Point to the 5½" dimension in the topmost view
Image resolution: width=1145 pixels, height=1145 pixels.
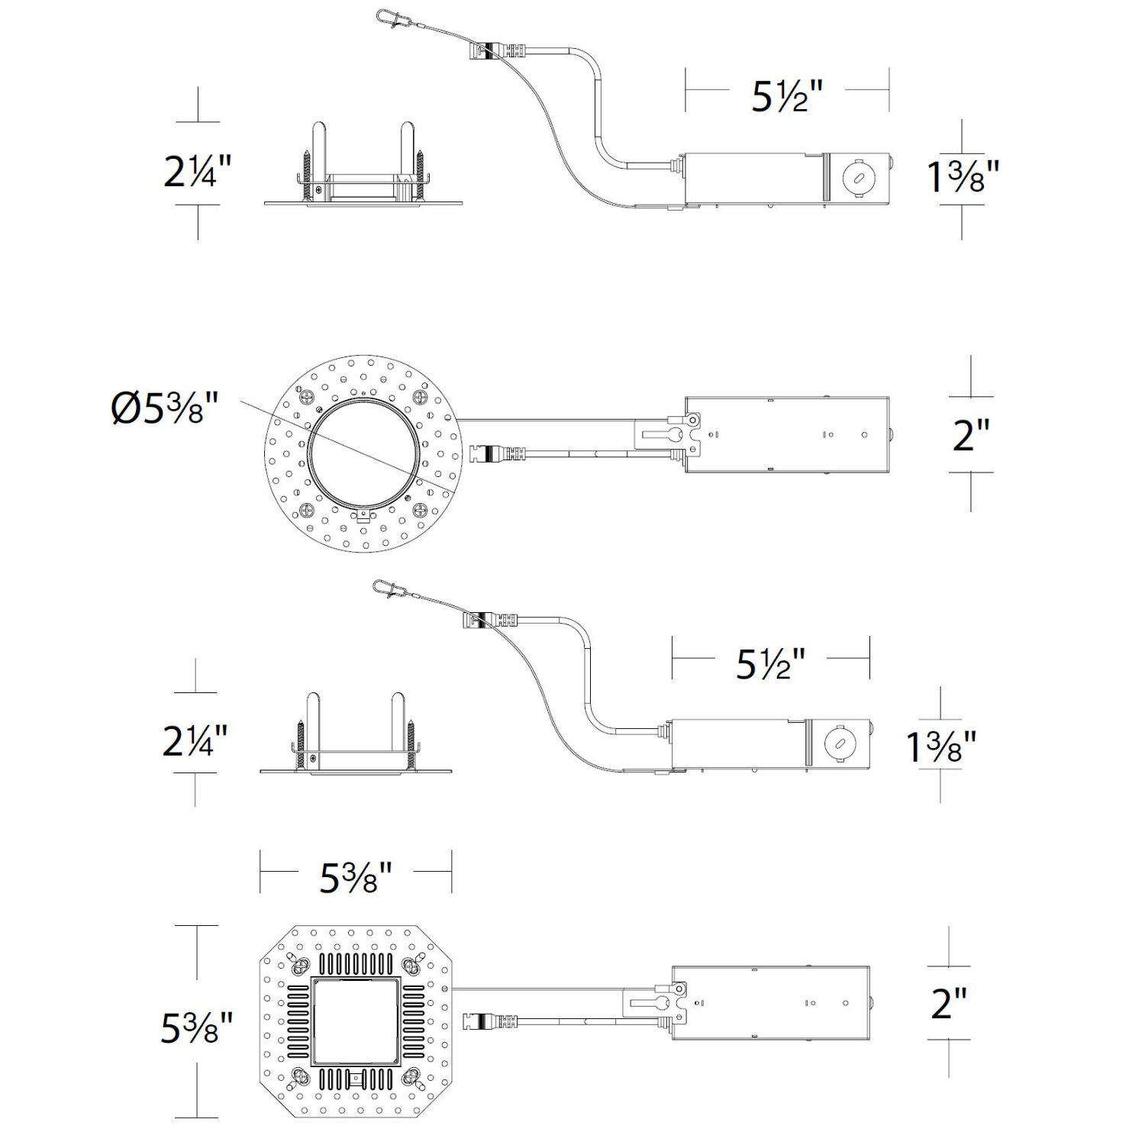[x=787, y=96]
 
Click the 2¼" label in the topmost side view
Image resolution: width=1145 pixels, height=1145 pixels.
[x=197, y=171]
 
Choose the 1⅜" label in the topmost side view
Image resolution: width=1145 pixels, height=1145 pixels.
[x=962, y=176]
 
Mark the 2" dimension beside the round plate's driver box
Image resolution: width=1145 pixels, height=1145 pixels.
[x=971, y=434]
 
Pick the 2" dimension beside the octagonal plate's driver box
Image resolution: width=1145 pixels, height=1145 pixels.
[x=949, y=1002]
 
